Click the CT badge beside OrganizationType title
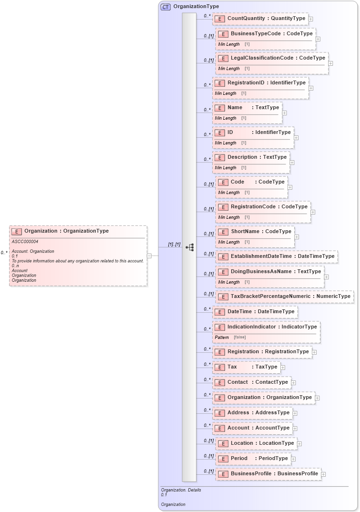165,7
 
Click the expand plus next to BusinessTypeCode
318,39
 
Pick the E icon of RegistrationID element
219,83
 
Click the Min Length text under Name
226,118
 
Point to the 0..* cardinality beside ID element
207,134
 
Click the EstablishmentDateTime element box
277,256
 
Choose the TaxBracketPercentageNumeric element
285,297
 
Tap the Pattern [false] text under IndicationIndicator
230,338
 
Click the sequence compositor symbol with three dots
189,247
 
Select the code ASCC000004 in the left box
25,242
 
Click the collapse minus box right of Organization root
149,256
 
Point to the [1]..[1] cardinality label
174,245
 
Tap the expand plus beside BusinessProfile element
323,474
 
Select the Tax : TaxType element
246,367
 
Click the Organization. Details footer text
181,490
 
